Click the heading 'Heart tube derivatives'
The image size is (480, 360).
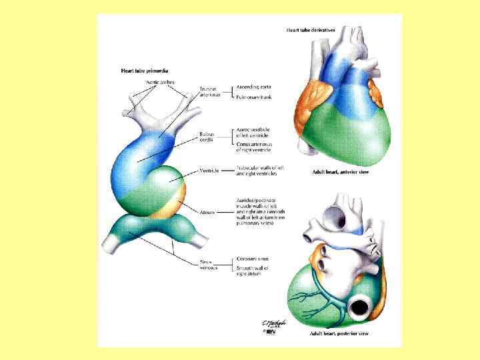[311, 30]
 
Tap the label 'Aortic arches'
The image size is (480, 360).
[160, 82]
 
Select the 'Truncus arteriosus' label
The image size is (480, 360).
[209, 91]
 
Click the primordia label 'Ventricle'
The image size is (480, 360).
[209, 171]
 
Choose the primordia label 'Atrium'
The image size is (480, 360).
[207, 211]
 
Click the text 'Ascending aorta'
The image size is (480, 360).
[255, 87]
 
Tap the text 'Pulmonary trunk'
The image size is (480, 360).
[255, 98]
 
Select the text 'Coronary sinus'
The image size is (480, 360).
[253, 259]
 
